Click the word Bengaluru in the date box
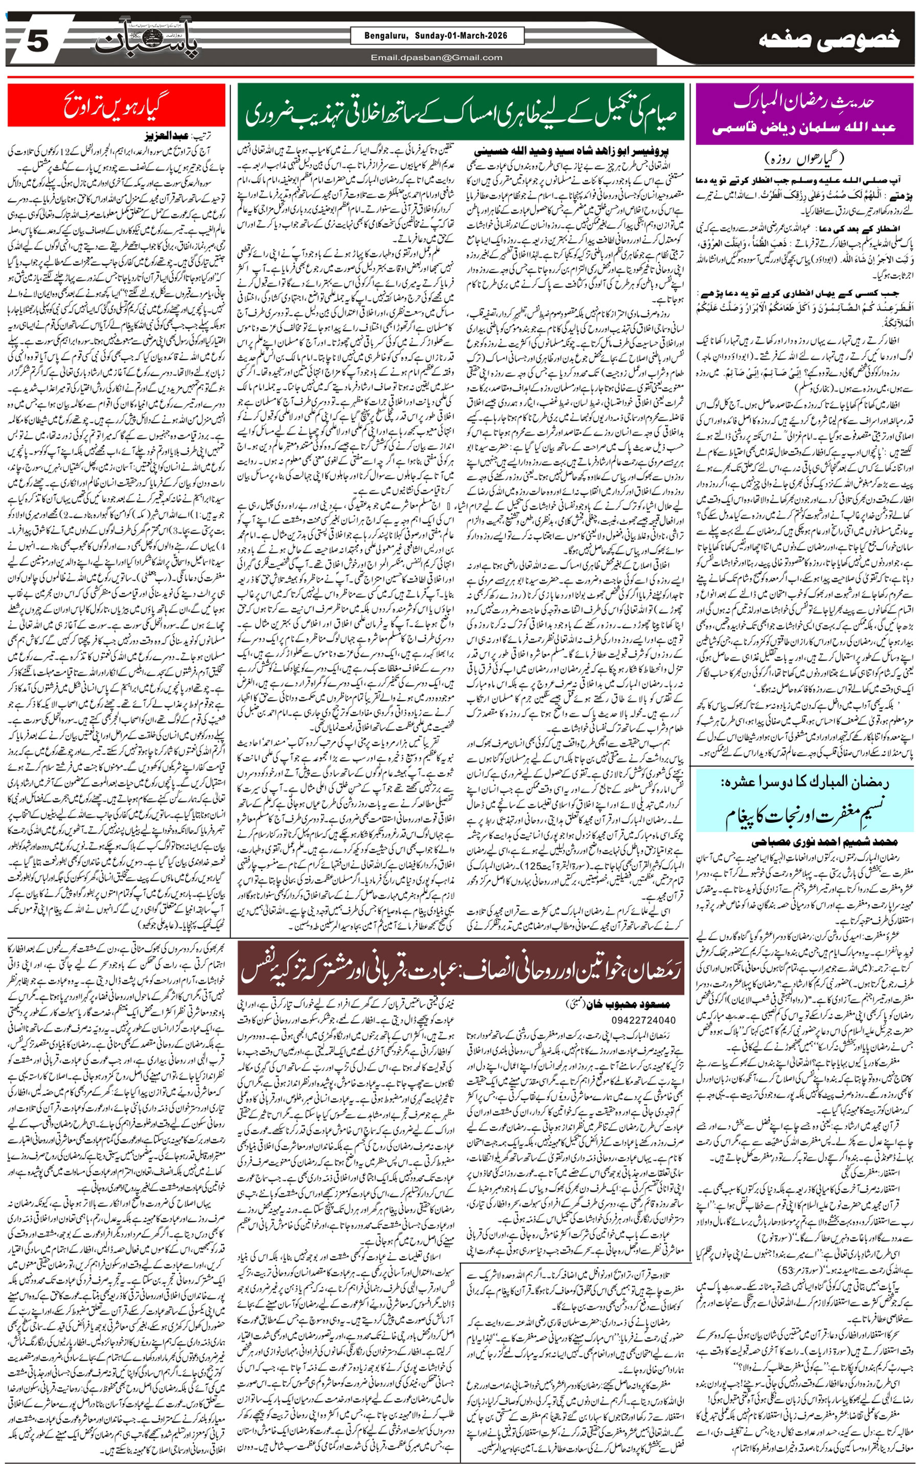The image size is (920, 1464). (x=387, y=36)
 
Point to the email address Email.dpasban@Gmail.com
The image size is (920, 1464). (x=436, y=58)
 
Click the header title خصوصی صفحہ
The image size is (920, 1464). (x=830, y=40)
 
